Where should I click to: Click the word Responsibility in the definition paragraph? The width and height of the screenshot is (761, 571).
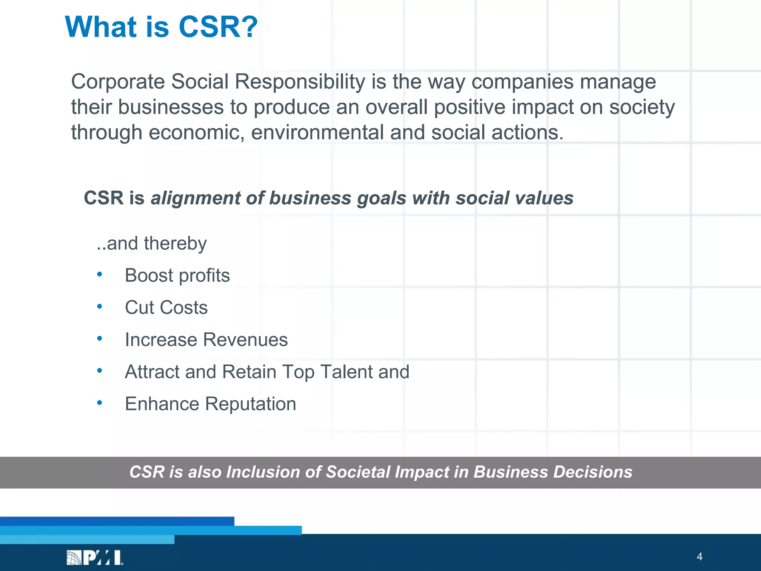pyautogui.click(x=300, y=81)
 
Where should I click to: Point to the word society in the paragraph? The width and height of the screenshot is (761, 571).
pyautogui.click(x=642, y=107)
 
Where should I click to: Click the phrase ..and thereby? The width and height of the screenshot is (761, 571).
pyautogui.click(x=151, y=243)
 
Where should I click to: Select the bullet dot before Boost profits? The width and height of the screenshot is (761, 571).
pyautogui.click(x=99, y=275)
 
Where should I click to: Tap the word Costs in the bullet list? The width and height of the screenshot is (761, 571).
pyautogui.click(x=184, y=307)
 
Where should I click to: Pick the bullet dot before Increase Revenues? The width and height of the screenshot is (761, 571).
pyautogui.click(x=99, y=339)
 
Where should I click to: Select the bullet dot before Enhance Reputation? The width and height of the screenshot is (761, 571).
pyautogui.click(x=99, y=403)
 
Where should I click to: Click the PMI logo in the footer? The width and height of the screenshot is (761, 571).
pyautogui.click(x=94, y=558)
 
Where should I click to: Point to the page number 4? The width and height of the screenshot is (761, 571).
pyautogui.click(x=699, y=557)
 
